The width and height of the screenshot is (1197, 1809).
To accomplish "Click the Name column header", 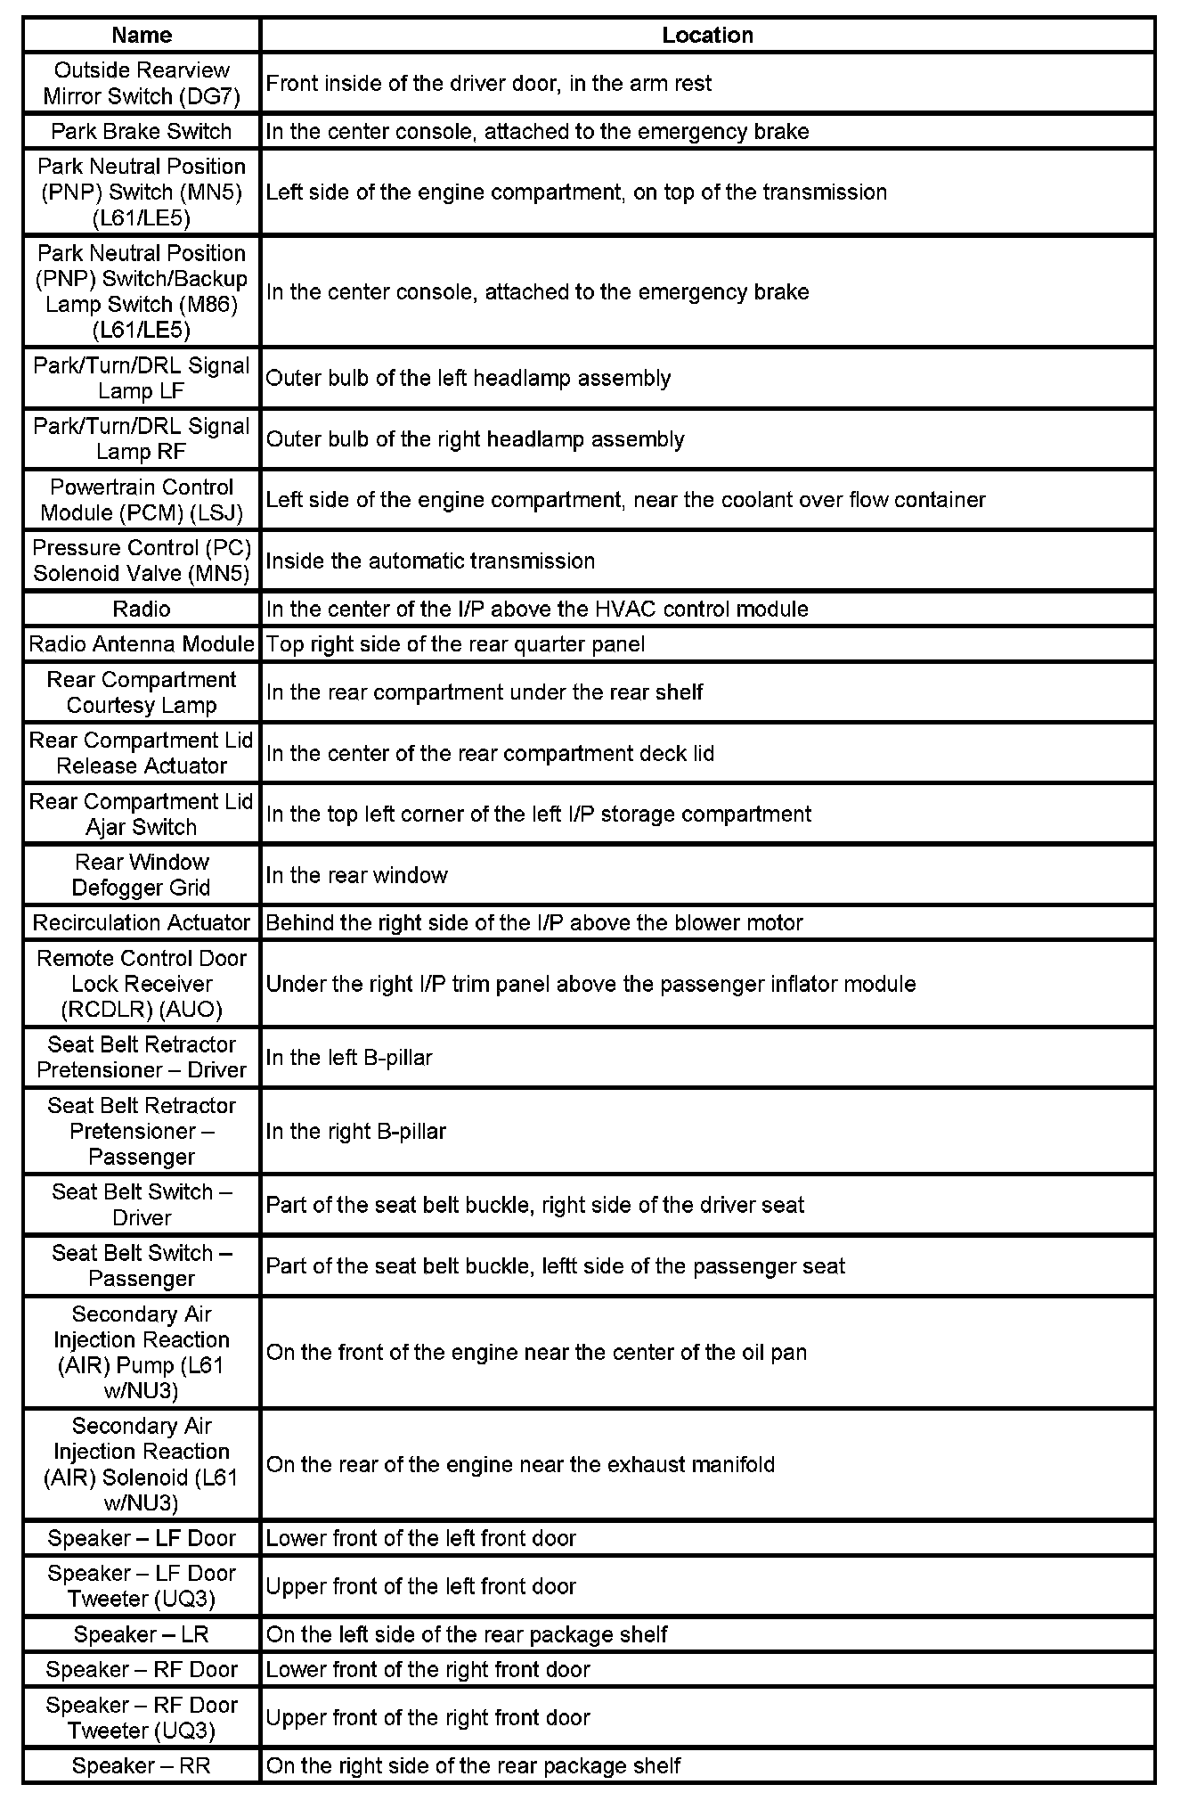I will tap(142, 35).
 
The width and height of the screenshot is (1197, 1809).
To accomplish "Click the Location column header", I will tap(707, 35).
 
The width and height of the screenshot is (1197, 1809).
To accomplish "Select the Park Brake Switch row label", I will tap(142, 131).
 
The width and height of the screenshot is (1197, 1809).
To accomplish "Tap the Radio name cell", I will tap(142, 609).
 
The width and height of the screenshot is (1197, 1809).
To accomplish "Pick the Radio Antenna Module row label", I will tap(142, 643).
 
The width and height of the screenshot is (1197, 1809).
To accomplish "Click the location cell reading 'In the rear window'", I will tap(356, 875).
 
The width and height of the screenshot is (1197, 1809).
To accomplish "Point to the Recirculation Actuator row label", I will tap(142, 922).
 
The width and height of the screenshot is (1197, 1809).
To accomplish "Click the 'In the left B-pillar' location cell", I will tap(349, 1058).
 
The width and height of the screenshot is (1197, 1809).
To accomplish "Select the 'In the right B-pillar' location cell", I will tap(356, 1131).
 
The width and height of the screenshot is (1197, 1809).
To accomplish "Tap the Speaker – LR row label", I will tap(142, 1634).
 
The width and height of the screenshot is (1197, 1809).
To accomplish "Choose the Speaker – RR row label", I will tap(142, 1765).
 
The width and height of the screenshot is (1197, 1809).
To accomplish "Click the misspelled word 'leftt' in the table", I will tap(559, 1266).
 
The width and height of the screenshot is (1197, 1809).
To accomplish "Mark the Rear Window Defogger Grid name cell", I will tap(142, 875).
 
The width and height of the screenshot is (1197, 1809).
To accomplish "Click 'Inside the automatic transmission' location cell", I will tap(430, 561).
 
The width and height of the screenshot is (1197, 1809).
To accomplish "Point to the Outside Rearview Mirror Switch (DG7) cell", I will tap(142, 83).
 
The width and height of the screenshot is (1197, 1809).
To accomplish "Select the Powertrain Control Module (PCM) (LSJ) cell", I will tap(142, 500).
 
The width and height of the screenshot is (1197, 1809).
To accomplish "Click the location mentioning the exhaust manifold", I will tap(520, 1464).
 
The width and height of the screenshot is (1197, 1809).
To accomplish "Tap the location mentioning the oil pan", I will tap(536, 1352).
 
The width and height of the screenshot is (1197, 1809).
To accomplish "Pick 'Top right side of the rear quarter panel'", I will tap(455, 643).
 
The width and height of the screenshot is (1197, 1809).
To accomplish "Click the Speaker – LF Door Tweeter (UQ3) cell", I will tap(142, 1586).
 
